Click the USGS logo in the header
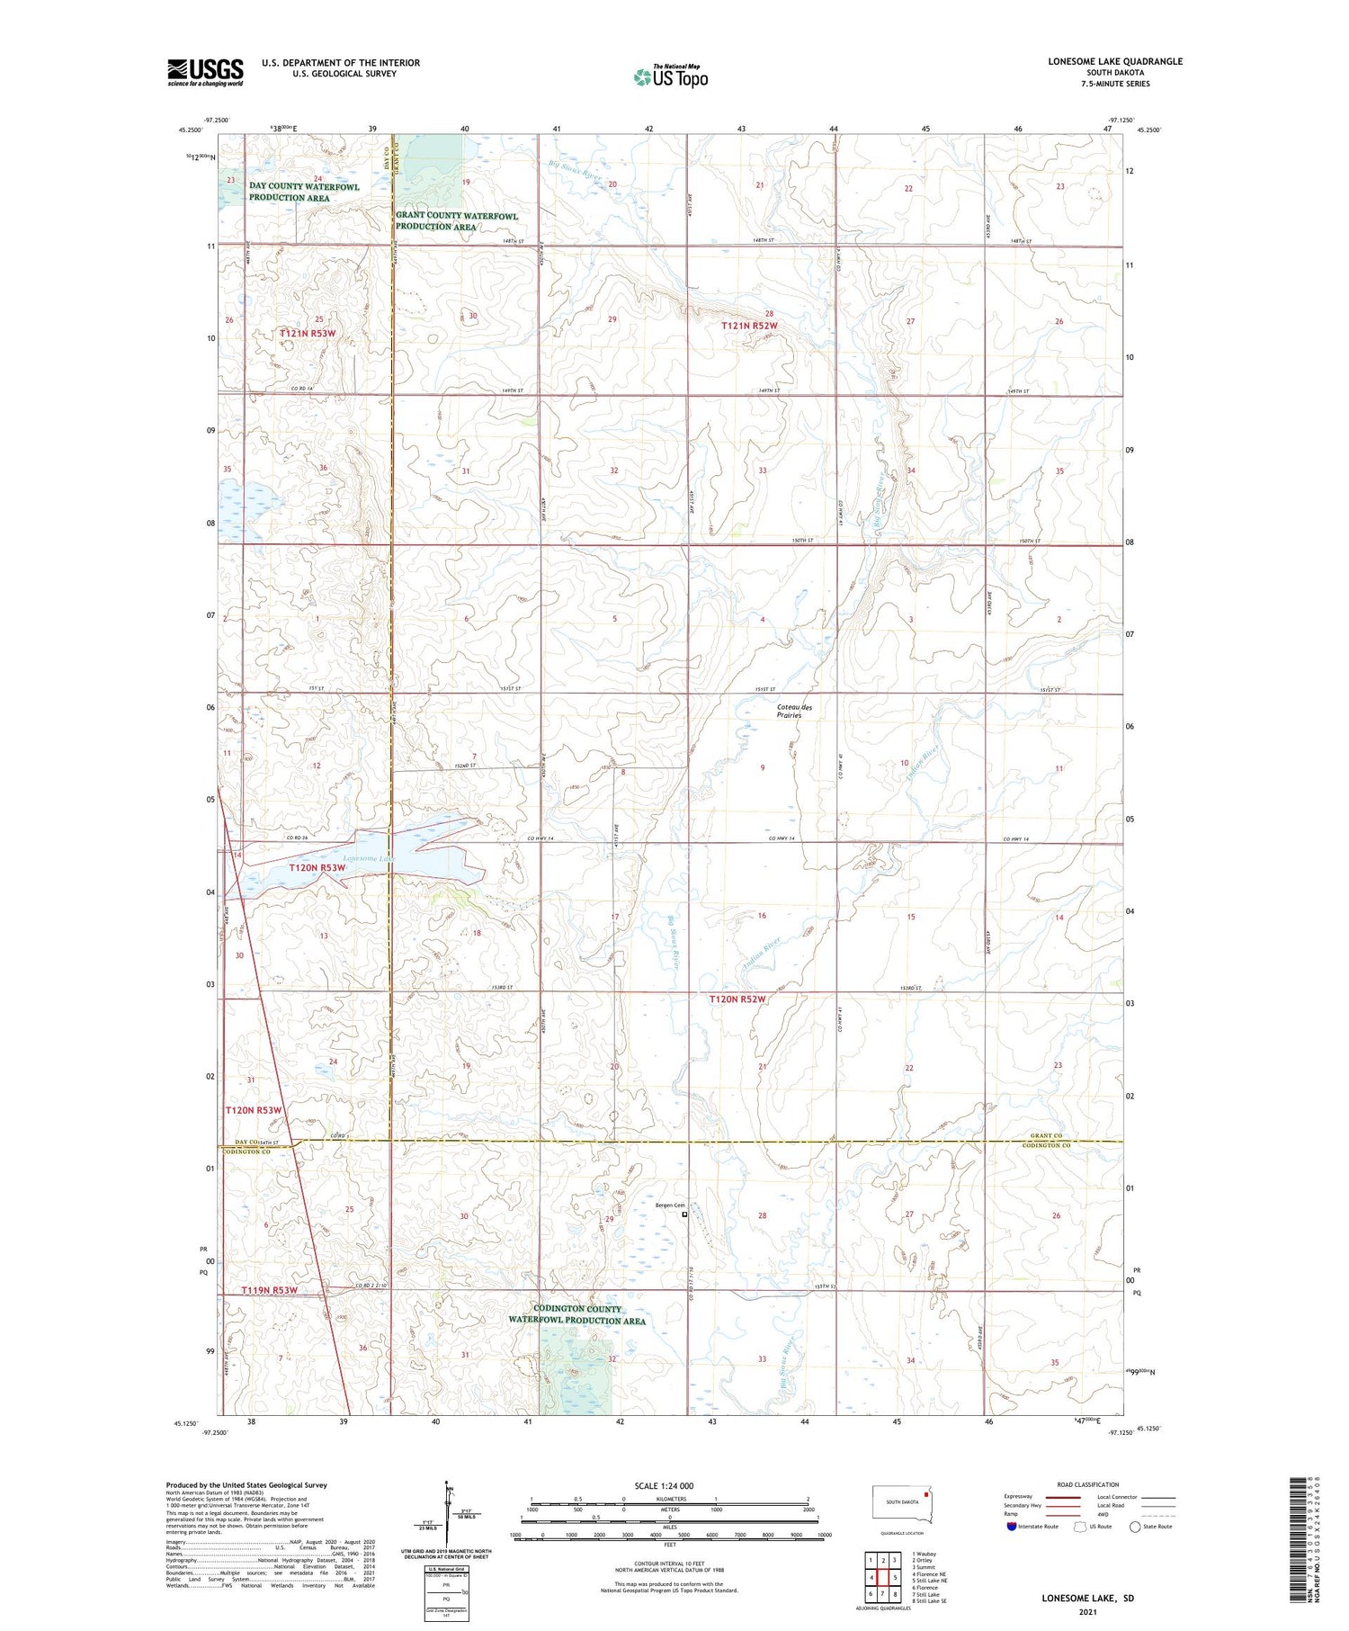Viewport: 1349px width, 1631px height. [x=205, y=72]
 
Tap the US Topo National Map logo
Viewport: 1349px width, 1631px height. [x=670, y=76]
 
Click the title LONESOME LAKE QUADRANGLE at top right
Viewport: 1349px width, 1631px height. [x=1114, y=61]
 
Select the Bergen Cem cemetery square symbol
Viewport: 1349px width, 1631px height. [x=684, y=1214]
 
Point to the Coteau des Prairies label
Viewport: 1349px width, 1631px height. [x=794, y=711]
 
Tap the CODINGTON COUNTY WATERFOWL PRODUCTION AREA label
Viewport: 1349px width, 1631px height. [x=576, y=1314]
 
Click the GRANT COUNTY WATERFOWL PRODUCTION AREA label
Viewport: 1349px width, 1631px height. [x=457, y=220]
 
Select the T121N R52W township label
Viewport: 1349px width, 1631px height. [x=749, y=326]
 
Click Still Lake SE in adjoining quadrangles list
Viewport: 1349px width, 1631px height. [x=930, y=1600]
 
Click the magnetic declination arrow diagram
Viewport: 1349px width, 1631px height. [x=449, y=1511]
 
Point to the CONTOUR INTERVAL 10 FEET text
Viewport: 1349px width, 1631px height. [x=669, y=1564]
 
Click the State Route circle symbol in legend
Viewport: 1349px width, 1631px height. [x=1135, y=1527]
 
